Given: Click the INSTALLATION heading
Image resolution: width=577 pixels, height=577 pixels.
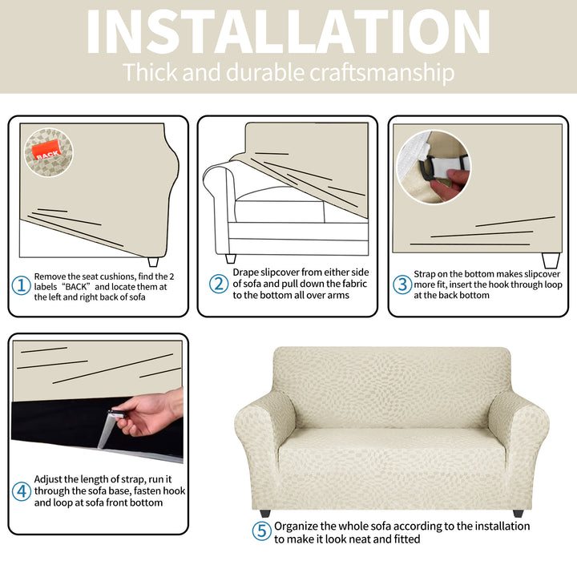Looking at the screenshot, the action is tap(288, 32).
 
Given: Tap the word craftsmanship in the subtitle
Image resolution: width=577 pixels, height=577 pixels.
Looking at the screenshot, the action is tap(382, 72).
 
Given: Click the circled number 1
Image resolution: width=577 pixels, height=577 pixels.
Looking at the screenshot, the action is tap(22, 285).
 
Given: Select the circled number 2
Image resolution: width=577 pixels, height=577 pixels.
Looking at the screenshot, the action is tap(219, 284).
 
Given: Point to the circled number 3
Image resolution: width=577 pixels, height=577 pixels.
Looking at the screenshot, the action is tap(402, 284).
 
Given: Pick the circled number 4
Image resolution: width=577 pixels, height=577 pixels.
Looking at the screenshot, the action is tap(22, 491).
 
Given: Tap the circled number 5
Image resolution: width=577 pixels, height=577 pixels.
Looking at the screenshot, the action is tap(261, 531).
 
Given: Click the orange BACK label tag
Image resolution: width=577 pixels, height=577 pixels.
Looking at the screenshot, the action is tap(46, 150).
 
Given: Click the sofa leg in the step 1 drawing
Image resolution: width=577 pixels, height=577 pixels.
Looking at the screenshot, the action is tap(153, 261).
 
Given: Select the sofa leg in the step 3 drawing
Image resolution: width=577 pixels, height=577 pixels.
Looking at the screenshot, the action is tap(551, 260).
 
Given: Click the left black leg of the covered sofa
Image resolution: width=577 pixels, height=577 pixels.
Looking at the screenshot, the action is tap(265, 513).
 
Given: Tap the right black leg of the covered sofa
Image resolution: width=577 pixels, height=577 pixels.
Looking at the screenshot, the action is tap(518, 513).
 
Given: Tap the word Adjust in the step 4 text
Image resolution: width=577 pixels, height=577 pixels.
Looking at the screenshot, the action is tap(48, 479).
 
